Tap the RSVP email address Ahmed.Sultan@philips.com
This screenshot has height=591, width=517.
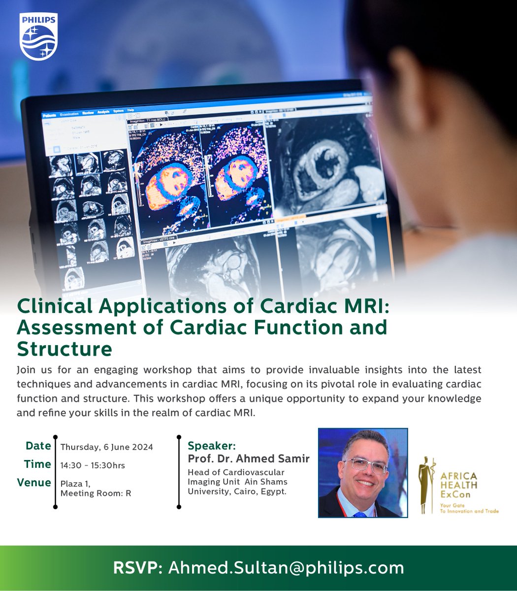click(x=286, y=567)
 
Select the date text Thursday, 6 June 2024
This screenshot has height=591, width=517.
click(x=106, y=447)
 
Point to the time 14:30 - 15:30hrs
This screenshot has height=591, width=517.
click(x=93, y=465)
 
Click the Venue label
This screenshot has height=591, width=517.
click(x=34, y=482)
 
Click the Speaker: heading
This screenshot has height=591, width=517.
click(x=212, y=446)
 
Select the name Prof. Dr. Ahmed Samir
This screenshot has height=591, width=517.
click(x=249, y=459)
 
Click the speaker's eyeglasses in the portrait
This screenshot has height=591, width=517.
click(x=365, y=464)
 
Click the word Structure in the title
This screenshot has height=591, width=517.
click(x=65, y=349)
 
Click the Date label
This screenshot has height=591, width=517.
click(x=38, y=446)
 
